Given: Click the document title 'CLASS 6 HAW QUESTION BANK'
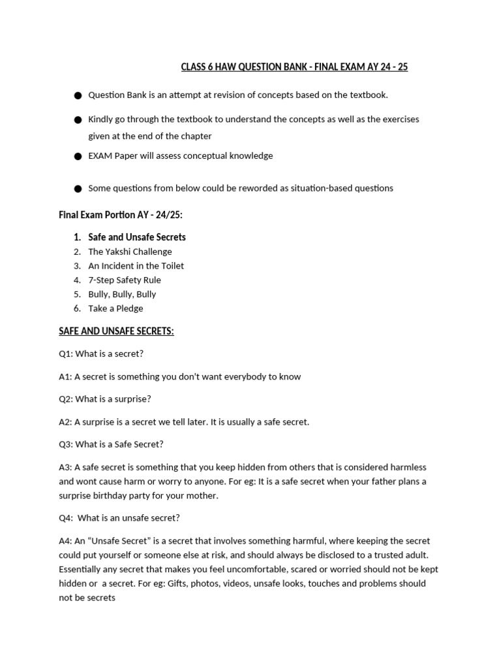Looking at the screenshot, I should [294, 67].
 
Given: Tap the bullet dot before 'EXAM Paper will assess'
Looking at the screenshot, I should [78, 157].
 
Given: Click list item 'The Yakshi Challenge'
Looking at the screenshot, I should [130, 252].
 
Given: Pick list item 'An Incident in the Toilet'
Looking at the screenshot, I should [136, 266].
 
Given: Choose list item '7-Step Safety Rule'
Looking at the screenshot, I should [125, 280].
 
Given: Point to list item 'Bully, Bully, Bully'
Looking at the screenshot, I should [122, 294].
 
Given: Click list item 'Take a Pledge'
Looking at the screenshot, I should [115, 308].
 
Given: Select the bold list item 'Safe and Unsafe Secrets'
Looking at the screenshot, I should [137, 237].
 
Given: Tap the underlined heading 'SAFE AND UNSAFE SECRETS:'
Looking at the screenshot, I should [116, 331].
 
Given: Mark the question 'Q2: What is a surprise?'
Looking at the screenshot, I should [104, 399].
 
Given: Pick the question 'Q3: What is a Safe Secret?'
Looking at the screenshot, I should [111, 444].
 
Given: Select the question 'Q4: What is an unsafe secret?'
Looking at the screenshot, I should [119, 518].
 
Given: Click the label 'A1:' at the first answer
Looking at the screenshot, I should [65, 377].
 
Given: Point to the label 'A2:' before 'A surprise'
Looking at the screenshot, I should [65, 422].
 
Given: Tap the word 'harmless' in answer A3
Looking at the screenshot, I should [408, 468].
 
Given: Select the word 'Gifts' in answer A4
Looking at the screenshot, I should [179, 583].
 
